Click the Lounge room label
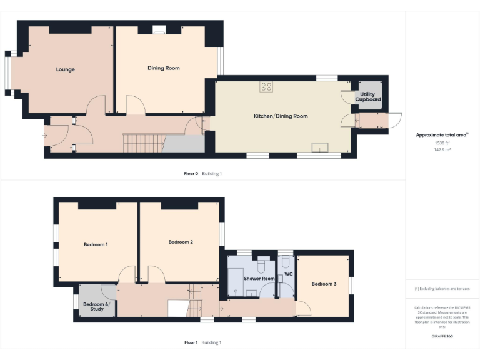point(65,69)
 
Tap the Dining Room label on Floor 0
point(164,68)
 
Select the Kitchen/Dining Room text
point(280,116)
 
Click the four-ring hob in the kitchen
point(266,87)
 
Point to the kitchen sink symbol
point(321,147)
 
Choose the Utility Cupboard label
point(368,97)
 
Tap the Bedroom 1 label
point(96,244)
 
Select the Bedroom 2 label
point(181,242)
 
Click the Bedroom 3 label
point(324,284)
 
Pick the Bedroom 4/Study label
point(94,307)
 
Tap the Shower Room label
point(259,278)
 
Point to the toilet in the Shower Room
point(263,262)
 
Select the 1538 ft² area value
point(442,143)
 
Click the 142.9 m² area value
point(442,150)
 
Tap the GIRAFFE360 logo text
point(441,337)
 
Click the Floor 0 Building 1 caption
point(203,173)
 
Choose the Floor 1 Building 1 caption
point(203,342)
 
